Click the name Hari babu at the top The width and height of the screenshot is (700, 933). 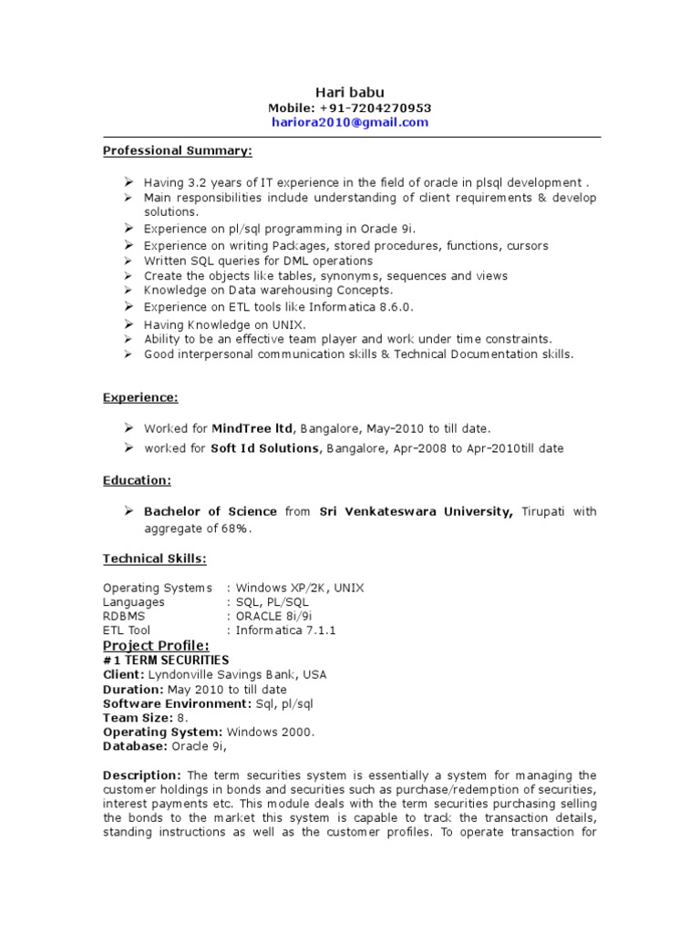tap(350, 91)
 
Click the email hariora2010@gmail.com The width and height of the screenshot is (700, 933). tap(350, 122)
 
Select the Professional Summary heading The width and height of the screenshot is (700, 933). tap(177, 149)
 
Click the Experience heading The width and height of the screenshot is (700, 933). tap(140, 397)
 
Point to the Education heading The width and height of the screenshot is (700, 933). tap(137, 479)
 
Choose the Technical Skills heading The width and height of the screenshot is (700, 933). tap(154, 558)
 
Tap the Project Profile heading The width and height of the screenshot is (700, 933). tap(156, 645)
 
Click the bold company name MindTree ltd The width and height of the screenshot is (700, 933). tap(252, 427)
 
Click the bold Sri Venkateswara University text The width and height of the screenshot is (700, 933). tap(416, 512)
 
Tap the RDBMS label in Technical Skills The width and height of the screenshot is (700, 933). tap(122, 616)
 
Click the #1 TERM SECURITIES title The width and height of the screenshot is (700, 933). tap(166, 660)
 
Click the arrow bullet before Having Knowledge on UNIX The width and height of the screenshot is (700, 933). tap(129, 323)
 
